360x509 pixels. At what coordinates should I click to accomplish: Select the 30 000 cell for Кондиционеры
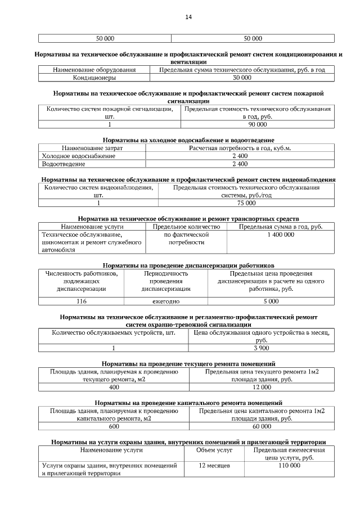[x=242, y=78]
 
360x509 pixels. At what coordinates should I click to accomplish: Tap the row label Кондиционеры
[x=94, y=78]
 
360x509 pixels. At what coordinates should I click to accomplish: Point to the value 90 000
[x=257, y=124]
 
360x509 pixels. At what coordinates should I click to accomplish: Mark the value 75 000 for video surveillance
[x=246, y=202]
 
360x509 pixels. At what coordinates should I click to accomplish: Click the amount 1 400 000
[x=281, y=234]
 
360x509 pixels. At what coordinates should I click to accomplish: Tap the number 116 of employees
[x=82, y=301]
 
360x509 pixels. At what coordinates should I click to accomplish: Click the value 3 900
[x=260, y=348]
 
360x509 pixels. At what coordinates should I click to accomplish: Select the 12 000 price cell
[x=262, y=387]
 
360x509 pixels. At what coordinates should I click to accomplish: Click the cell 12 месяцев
[x=215, y=466]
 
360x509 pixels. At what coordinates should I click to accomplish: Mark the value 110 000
[x=289, y=466]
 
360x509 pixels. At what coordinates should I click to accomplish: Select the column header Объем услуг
[x=214, y=450]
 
